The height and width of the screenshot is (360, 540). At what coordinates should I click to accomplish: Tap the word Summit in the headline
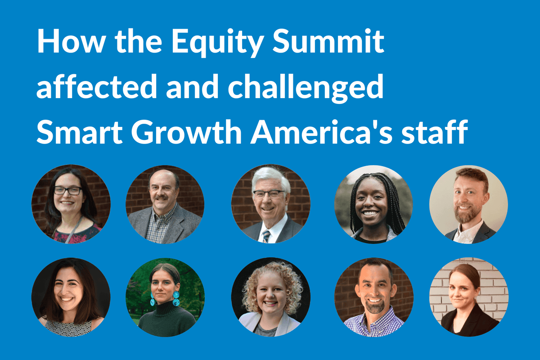(x=328, y=40)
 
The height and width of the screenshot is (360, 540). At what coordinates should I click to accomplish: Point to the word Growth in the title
(x=186, y=132)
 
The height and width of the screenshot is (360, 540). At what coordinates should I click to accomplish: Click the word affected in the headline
(x=97, y=85)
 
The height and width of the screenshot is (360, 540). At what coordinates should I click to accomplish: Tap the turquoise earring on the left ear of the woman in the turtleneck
(x=153, y=299)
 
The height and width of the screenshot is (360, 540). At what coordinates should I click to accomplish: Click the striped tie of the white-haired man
(x=266, y=236)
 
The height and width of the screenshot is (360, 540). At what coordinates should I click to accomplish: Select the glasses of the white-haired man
(x=269, y=194)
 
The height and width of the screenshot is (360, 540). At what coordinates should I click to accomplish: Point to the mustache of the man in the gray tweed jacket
(x=161, y=198)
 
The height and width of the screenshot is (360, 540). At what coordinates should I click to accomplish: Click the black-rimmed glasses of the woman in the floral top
(x=67, y=190)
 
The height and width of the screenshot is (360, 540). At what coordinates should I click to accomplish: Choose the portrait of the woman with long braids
(x=373, y=204)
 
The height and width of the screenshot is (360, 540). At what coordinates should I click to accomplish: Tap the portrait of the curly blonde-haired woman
(x=271, y=297)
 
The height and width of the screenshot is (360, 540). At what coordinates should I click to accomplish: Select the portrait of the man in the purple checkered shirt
(x=374, y=297)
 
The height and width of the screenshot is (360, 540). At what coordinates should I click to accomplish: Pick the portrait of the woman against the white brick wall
(x=469, y=297)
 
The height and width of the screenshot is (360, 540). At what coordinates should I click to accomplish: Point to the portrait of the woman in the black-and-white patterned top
(x=71, y=297)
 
